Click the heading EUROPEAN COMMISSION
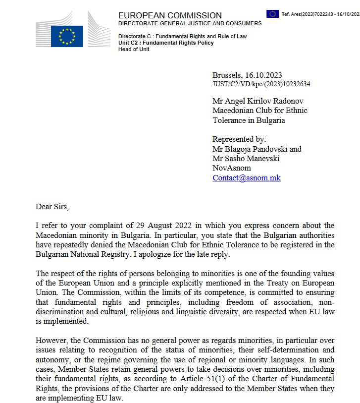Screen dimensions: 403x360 pos(170,15)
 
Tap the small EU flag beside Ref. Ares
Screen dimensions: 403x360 pos(272,14)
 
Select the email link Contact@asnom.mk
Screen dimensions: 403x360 pos(246,177)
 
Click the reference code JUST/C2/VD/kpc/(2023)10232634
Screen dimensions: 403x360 pos(261,84)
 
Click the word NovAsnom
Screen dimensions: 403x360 pos(231,168)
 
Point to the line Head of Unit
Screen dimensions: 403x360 pos(134,49)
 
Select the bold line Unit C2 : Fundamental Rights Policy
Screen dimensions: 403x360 pos(166,43)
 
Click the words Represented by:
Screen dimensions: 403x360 pos(239,140)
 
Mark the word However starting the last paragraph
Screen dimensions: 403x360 pos(51,341)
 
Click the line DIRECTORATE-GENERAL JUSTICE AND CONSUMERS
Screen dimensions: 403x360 pos(190,24)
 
